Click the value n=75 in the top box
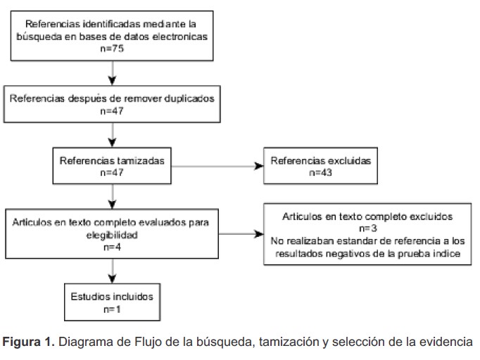tap(113, 50)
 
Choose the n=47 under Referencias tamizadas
tap(113, 173)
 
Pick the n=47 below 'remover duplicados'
tap(113, 110)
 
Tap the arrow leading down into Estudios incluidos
tap(113, 274)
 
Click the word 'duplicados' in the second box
tap(187, 98)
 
